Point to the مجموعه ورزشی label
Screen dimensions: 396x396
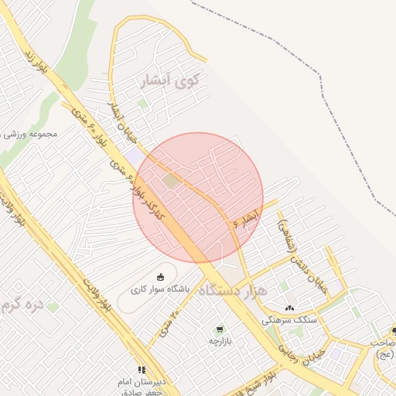tap(31, 134)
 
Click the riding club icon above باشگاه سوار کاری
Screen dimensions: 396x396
tap(160, 278)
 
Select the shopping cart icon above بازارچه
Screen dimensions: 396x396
tap(220, 329)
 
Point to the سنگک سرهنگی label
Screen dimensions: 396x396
tap(288, 319)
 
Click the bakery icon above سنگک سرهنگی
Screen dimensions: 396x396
tap(289, 308)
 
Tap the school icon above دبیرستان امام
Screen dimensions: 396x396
tap(142, 370)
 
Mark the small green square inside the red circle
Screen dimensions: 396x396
tap(169, 180)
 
